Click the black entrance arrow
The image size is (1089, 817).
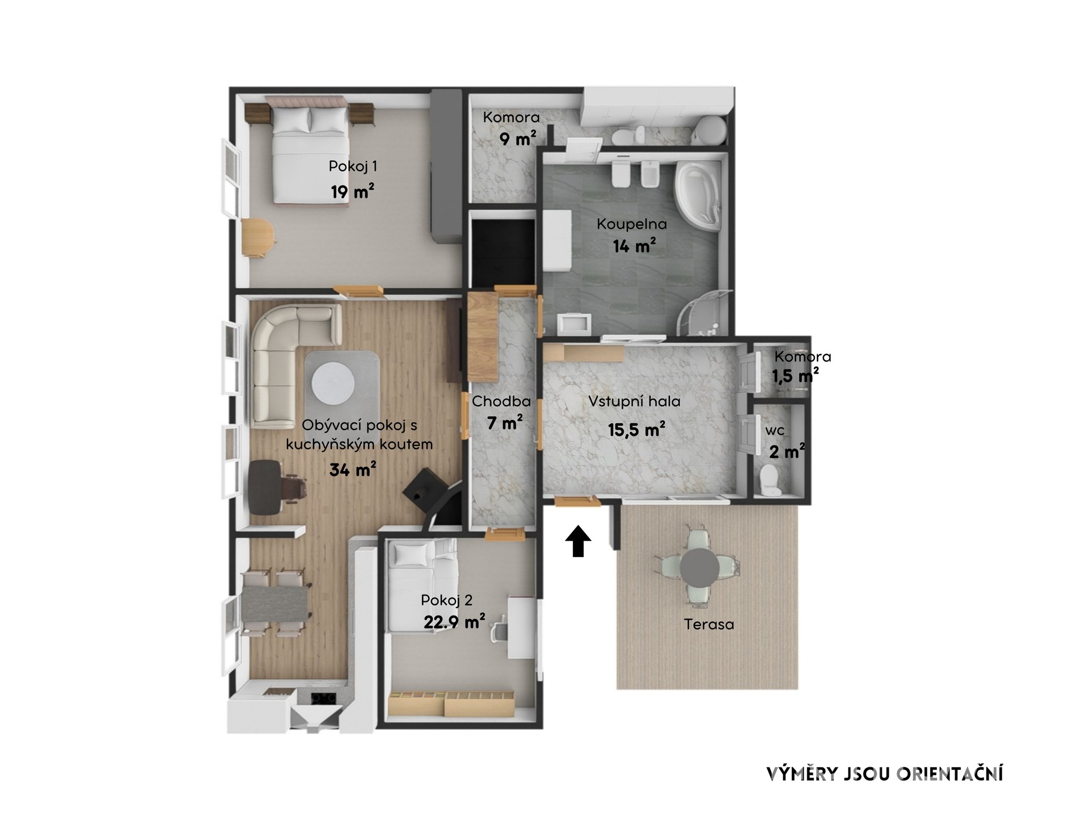[578, 541]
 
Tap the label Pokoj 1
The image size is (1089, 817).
[353, 166]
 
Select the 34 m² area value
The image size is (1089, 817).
[353, 469]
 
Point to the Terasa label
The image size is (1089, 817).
[709, 624]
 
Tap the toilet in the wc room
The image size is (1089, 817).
[769, 478]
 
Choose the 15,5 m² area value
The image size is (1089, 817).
[636, 429]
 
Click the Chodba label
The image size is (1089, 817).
[501, 402]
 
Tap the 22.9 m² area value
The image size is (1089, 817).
[454, 622]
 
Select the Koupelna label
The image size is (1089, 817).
[632, 224]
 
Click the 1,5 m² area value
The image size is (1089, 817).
[795, 376]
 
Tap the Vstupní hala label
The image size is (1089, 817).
[634, 402]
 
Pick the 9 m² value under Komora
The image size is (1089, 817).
[518, 139]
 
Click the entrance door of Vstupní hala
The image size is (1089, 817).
[577, 501]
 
